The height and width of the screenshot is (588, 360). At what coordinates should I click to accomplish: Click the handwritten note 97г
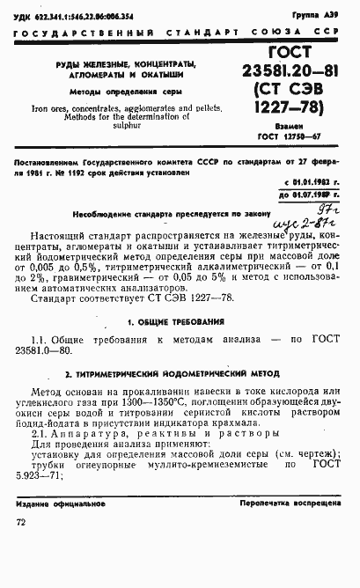click(x=304, y=209)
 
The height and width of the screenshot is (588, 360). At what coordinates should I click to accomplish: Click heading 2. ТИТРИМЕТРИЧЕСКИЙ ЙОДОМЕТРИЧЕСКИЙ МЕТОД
click(x=180, y=374)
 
